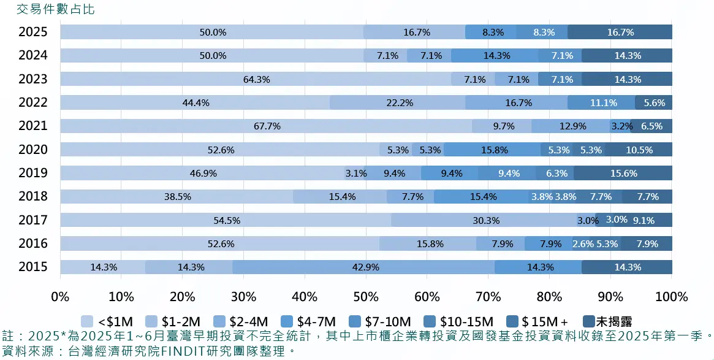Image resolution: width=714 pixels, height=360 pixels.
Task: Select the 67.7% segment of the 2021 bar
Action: [266, 126]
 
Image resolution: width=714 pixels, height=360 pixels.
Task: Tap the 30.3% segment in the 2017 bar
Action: [484, 220]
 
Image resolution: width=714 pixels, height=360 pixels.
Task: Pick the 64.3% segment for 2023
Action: [256, 79]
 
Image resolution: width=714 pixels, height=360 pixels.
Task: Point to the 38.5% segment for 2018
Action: [177, 197]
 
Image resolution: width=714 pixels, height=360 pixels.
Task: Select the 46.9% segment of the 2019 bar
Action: [202, 174]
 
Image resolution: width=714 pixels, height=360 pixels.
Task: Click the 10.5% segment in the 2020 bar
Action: [638, 150]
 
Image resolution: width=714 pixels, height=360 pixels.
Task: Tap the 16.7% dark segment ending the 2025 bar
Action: [620, 33]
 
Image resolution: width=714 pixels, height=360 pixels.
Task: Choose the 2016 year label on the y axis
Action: [33, 244]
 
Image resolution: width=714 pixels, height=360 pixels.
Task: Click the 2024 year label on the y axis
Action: [33, 56]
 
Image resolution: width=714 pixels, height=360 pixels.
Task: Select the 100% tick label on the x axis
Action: [671, 297]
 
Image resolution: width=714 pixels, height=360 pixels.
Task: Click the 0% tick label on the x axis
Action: [60, 297]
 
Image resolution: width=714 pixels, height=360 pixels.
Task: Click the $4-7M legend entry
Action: [309, 321]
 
